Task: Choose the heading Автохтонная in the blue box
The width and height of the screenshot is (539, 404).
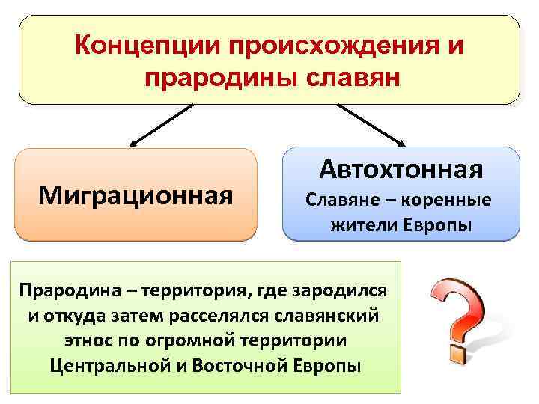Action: (x=401, y=170)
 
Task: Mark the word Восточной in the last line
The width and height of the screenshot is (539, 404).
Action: (x=241, y=366)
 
